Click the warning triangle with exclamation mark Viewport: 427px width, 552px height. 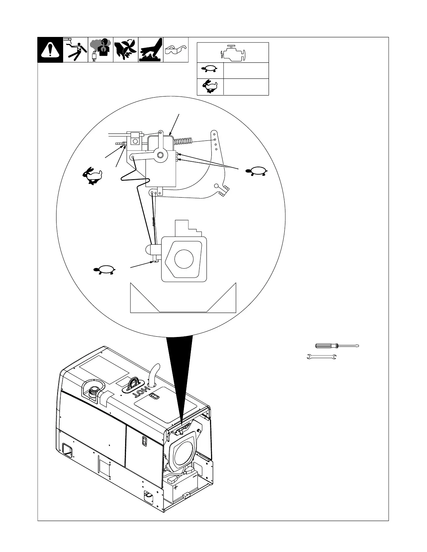[50, 50]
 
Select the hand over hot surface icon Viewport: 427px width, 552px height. [151, 50]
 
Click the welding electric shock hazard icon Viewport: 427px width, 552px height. [75, 50]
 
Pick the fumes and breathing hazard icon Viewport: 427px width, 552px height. [100, 50]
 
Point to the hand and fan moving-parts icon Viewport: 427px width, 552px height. [126, 50]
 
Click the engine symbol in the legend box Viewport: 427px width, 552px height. [233, 53]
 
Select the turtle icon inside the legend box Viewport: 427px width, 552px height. [210, 71]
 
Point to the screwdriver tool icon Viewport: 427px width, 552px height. [337, 346]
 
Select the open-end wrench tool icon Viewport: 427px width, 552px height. [321, 357]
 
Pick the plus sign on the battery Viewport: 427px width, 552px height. [175, 486]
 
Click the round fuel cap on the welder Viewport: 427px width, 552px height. [94, 391]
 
